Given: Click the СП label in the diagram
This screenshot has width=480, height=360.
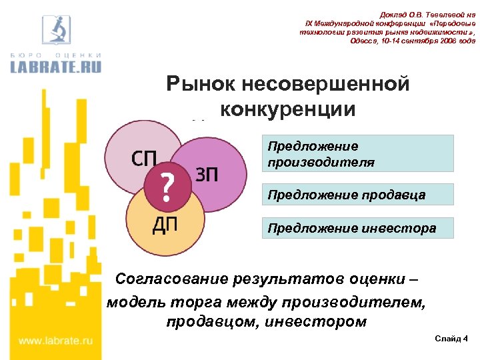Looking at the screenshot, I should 144,160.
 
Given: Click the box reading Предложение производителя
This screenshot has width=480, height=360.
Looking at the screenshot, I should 357,154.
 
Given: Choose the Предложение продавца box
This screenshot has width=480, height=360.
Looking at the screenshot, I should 357,195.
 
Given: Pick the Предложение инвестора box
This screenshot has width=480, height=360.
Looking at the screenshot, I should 357,228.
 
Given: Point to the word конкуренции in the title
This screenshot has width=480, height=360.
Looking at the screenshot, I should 287,109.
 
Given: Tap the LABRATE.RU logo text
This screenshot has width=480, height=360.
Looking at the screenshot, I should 57,65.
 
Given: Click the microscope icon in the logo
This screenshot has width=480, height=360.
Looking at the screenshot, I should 57,27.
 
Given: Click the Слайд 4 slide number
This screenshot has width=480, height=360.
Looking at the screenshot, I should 451,339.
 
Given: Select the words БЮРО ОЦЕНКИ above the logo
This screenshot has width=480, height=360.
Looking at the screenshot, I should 57,53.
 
